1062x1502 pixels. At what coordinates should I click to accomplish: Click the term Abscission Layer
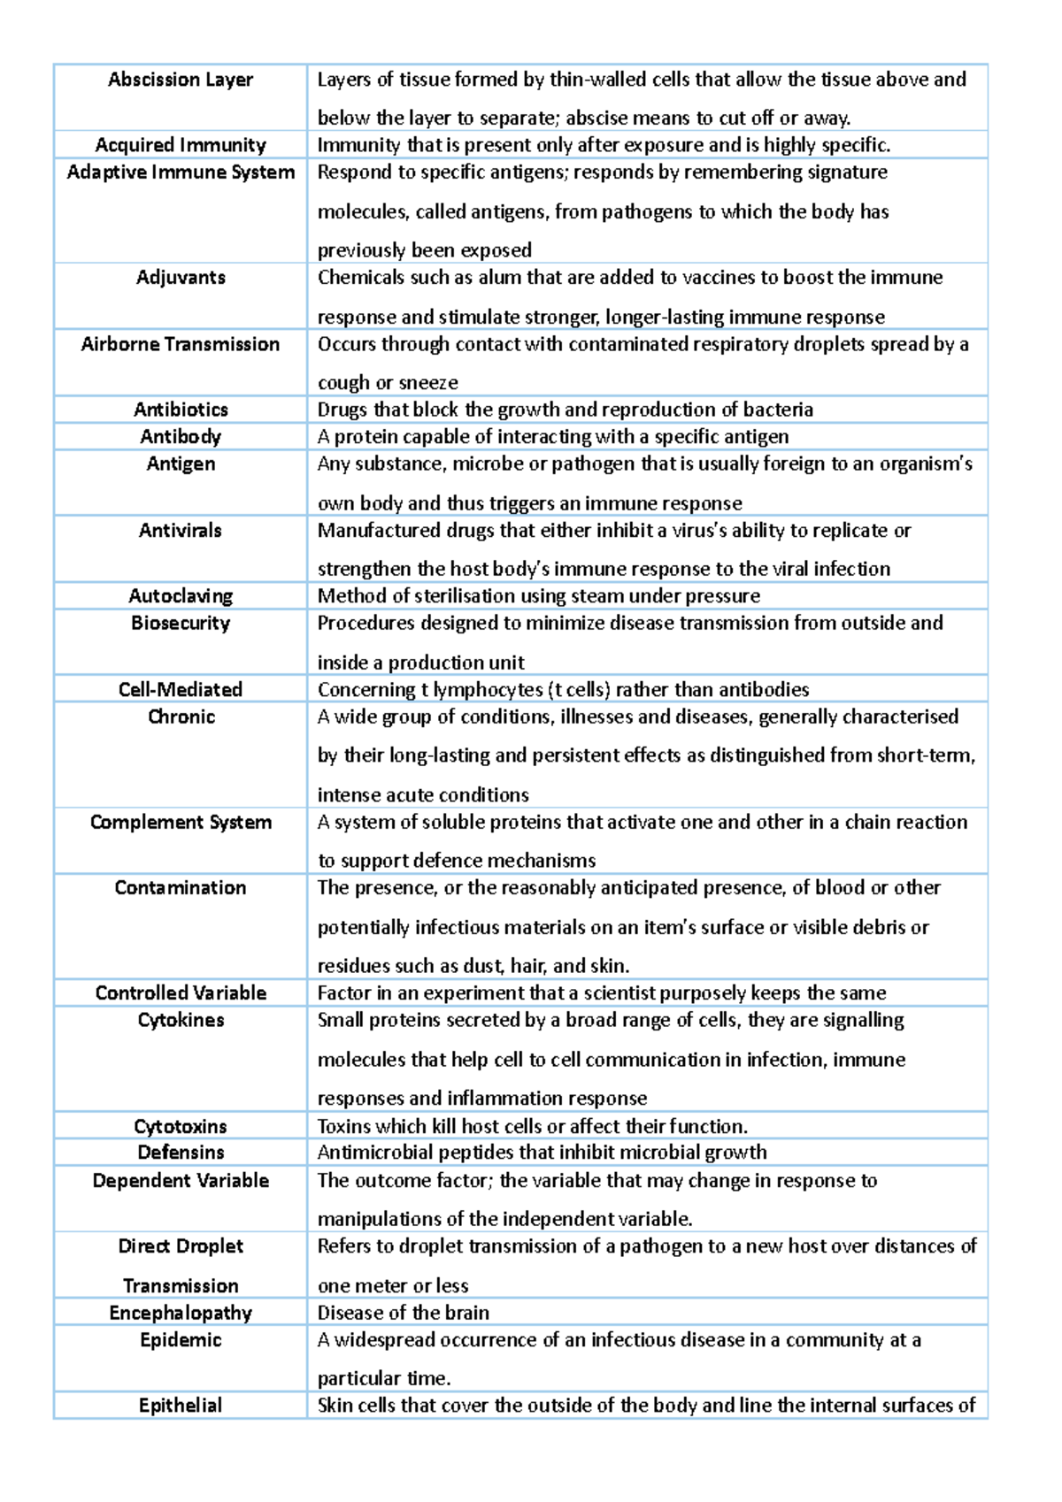coord(181,80)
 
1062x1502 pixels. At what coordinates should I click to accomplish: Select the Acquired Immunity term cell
coord(181,145)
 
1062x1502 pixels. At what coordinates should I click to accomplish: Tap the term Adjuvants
coord(181,278)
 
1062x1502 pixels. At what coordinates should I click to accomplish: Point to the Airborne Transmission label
coord(181,344)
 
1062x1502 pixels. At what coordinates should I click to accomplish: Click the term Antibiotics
coord(181,410)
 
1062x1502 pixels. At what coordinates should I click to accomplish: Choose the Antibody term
coord(181,437)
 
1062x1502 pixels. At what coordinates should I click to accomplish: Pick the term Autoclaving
coord(181,596)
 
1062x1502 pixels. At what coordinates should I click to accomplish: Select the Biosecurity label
coord(181,624)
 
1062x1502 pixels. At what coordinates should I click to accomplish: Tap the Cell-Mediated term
coord(181,690)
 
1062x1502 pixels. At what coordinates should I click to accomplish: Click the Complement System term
coord(181,823)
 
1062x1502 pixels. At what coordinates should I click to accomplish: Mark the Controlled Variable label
coord(181,993)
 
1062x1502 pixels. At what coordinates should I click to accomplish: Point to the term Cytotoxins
coord(181,1127)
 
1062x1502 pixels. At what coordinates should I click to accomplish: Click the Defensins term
coord(181,1153)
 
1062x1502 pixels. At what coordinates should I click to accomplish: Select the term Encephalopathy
coord(181,1314)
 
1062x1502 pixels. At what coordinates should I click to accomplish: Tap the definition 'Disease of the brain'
coord(404,1314)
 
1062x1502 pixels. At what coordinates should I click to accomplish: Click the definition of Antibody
coord(553,437)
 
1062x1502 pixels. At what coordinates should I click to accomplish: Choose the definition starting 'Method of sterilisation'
coord(538,596)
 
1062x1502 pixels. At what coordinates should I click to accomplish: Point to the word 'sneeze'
coord(428,383)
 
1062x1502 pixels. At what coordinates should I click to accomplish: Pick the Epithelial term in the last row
coord(181,1406)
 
